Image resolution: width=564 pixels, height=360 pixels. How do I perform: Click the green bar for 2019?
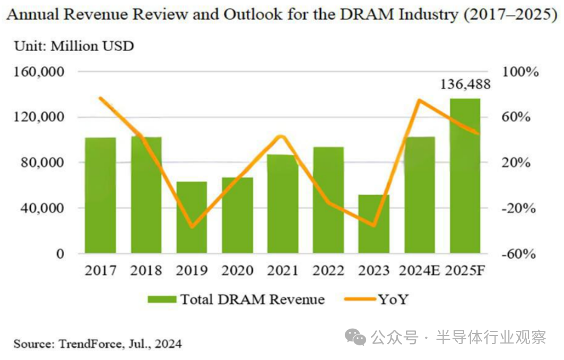point(192,217)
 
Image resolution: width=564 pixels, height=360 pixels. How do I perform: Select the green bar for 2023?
point(374,224)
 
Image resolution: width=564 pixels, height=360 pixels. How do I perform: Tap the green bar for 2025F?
point(465,175)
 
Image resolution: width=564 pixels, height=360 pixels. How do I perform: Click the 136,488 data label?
point(465,84)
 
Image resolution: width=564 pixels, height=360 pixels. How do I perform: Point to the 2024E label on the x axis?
point(419,271)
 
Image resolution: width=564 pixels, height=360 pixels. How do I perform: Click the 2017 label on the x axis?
point(100,271)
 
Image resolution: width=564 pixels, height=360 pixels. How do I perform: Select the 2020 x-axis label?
point(237,271)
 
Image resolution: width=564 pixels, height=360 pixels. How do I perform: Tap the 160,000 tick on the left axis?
point(38,72)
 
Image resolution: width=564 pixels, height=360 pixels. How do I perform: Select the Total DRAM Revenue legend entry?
point(236,299)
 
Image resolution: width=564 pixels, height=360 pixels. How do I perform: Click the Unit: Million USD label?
point(74,46)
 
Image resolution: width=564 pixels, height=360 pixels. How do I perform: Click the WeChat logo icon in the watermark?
point(355,336)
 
